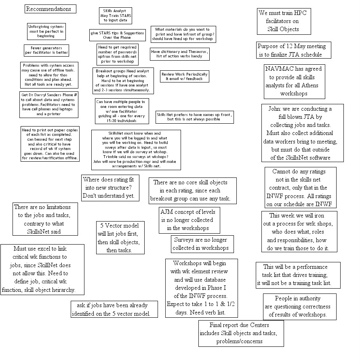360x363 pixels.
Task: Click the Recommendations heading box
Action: [x=51, y=9]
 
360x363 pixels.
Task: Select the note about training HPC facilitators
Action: [x=284, y=21]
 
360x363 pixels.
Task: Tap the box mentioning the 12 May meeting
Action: [x=294, y=51]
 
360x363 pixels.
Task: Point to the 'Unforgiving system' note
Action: [x=46, y=31]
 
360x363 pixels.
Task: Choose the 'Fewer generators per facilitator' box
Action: [x=46, y=50]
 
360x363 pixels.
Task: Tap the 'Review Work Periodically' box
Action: [x=184, y=76]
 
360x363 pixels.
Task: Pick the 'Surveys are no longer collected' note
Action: [x=200, y=244]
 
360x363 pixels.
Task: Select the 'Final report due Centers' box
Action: [x=240, y=333]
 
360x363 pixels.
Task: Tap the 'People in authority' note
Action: [x=298, y=306]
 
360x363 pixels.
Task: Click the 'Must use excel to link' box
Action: [x=43, y=269]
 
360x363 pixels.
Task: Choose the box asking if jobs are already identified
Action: [x=114, y=309]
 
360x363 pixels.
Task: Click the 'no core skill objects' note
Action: [x=192, y=190]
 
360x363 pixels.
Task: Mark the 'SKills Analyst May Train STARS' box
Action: [x=115, y=15]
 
